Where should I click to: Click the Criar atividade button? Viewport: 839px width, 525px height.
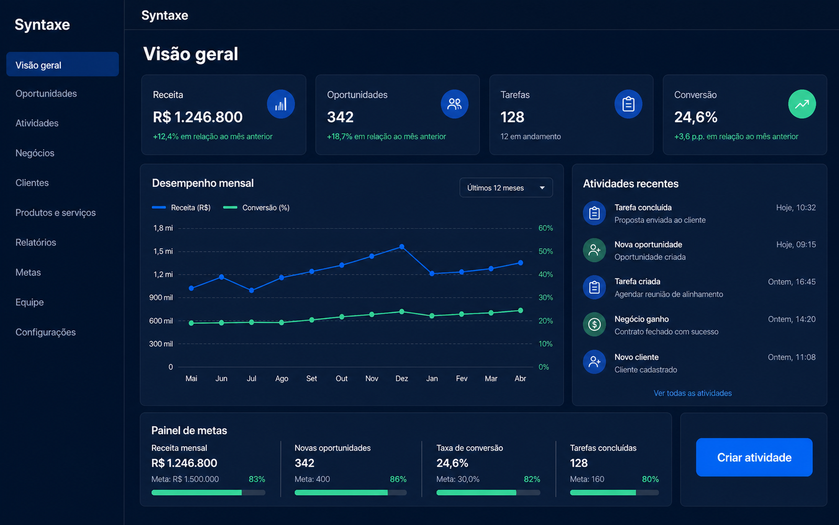(x=754, y=457)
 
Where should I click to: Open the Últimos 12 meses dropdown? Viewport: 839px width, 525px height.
(x=506, y=187)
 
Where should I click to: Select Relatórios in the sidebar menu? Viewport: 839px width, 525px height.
(x=36, y=242)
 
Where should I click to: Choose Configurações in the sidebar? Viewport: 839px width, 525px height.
(x=45, y=332)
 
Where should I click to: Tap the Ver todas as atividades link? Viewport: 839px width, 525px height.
(x=693, y=393)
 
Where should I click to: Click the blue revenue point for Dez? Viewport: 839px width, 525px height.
(x=402, y=247)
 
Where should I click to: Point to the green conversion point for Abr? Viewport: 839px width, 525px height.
(x=520, y=310)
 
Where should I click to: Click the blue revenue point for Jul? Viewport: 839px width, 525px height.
(x=251, y=290)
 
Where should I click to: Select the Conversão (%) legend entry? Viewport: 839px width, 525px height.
(x=256, y=208)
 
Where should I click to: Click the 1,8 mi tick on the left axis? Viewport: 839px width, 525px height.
(x=163, y=228)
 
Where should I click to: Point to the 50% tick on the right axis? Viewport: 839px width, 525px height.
(x=545, y=251)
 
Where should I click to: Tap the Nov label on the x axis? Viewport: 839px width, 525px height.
(x=372, y=379)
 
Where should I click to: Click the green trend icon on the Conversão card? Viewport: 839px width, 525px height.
(x=802, y=104)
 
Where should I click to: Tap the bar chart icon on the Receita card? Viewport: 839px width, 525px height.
(x=281, y=104)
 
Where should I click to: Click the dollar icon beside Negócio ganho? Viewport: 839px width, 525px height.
(x=594, y=324)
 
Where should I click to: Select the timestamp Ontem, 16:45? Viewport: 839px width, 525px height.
(x=791, y=281)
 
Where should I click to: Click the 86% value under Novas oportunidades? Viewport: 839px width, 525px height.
(x=398, y=479)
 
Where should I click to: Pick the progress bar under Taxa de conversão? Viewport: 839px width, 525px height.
(x=488, y=492)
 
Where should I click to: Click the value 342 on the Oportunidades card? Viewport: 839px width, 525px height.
(x=340, y=117)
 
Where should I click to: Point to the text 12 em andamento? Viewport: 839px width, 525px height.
(x=530, y=136)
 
